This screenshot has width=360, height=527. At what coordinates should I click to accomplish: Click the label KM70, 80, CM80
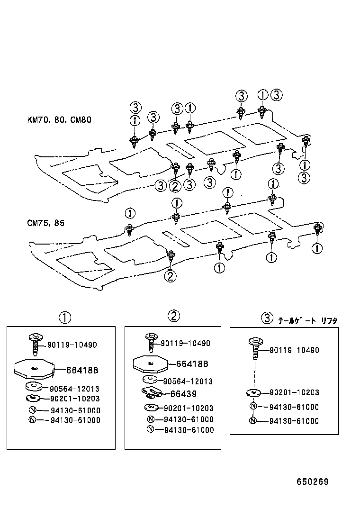coord(59,120)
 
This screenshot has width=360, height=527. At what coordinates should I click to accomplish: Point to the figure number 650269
coord(313,482)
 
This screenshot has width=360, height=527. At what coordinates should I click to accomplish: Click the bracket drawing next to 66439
coord(151,393)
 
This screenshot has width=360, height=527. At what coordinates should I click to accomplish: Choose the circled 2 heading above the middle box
coord(173,316)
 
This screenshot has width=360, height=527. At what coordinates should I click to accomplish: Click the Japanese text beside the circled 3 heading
coord(307,320)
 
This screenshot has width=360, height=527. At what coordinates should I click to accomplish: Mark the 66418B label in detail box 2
coord(192,364)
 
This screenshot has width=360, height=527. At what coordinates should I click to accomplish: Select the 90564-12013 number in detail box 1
coord(74,389)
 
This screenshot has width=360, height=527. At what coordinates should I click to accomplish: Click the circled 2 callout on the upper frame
coord(175,186)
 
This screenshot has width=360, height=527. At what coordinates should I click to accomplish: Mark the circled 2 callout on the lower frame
coord(170,276)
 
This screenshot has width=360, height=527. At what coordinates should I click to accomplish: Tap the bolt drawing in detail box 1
coord(35,343)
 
